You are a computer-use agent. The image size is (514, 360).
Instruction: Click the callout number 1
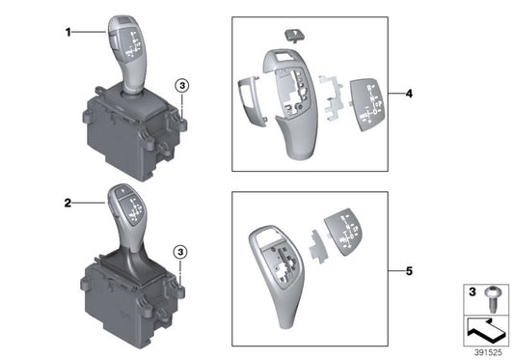tap(69, 32)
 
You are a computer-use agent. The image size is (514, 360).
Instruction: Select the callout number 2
tap(69, 204)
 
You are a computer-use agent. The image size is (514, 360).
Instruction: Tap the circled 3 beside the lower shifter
tap(179, 253)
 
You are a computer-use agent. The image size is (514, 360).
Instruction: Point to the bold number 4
tap(409, 94)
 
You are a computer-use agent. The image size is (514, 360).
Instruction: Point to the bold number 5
tap(409, 271)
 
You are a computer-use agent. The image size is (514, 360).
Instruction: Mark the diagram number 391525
tap(486, 351)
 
